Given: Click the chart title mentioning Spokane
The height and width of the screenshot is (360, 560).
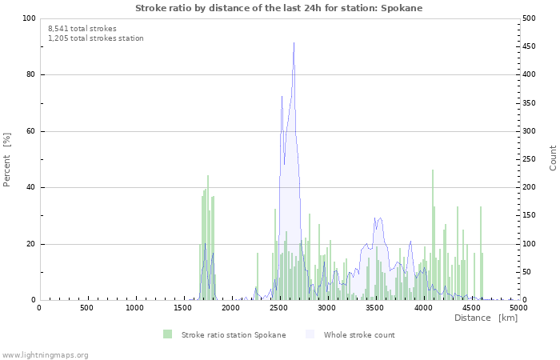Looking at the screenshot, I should point(278,8).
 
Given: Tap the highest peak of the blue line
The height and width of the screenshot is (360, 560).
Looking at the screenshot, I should point(294,43).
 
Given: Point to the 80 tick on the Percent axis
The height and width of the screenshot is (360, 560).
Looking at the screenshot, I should point(30,75).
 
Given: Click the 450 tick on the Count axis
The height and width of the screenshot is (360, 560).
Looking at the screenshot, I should point(530,47).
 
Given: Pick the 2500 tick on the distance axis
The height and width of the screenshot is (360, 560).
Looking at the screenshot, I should point(278,308).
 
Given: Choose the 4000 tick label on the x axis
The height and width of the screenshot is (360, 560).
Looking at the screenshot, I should point(422,308).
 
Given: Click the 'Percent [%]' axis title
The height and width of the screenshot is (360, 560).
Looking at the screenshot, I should point(8,159).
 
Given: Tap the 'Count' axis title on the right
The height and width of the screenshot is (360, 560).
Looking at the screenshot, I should point(553,158).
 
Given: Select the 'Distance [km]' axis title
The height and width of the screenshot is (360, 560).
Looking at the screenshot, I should point(486,318).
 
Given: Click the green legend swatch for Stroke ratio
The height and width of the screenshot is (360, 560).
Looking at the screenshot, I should point(167,334).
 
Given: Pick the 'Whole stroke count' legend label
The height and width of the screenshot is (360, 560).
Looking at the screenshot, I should point(359,334).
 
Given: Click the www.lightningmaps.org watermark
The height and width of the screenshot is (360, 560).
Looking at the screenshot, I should point(46,354).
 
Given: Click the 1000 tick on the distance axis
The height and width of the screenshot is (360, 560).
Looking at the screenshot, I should point(134,308).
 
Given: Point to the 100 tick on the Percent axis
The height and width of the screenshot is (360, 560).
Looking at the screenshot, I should point(29,18).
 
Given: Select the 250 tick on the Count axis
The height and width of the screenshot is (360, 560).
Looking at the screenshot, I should point(530,160).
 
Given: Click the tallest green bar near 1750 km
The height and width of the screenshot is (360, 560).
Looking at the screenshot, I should point(208,238).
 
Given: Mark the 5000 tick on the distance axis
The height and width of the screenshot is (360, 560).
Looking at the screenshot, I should point(518,308).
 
